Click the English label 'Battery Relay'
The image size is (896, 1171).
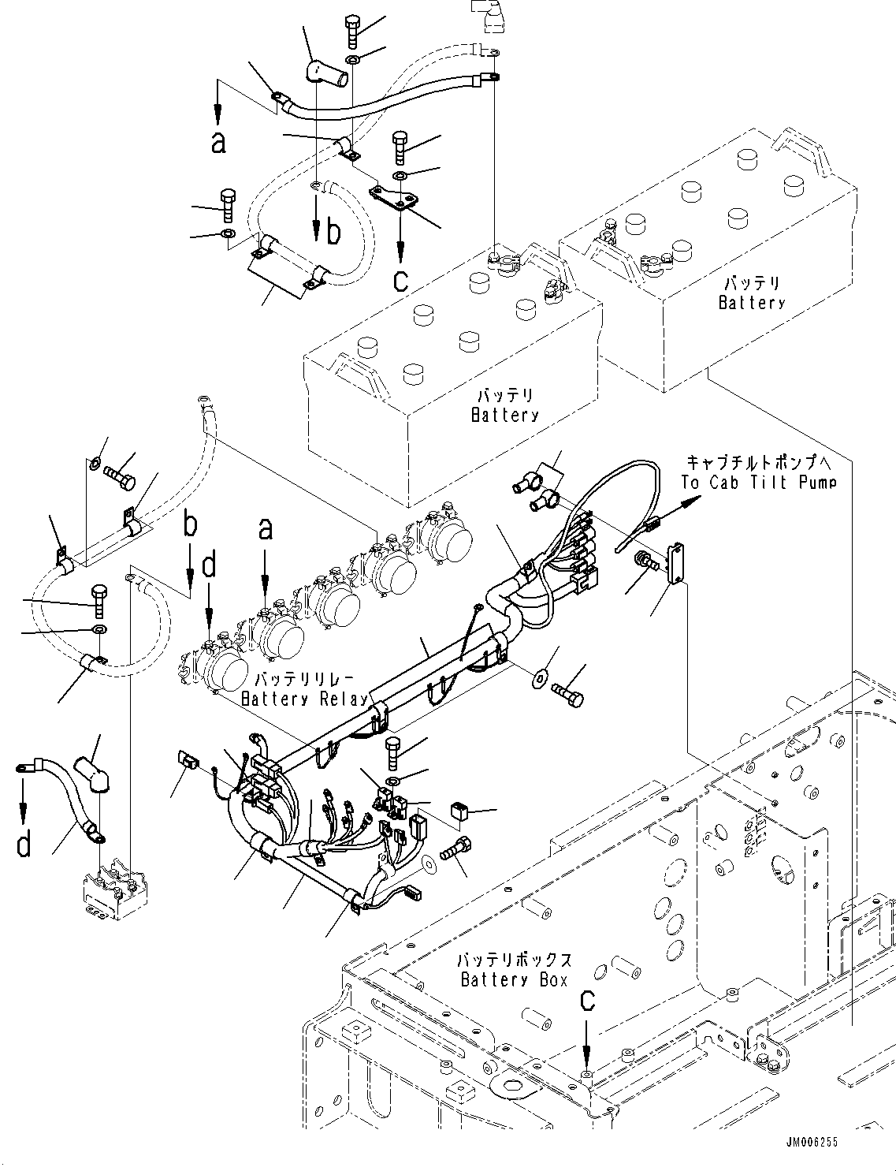click(305, 699)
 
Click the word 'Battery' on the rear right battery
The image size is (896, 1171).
click(751, 303)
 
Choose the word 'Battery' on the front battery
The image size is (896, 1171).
click(504, 415)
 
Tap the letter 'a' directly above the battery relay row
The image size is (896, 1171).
click(266, 528)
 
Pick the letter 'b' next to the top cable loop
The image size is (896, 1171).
click(334, 233)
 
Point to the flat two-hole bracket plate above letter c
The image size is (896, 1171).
click(392, 198)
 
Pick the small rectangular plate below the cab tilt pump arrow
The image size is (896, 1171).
click(675, 563)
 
